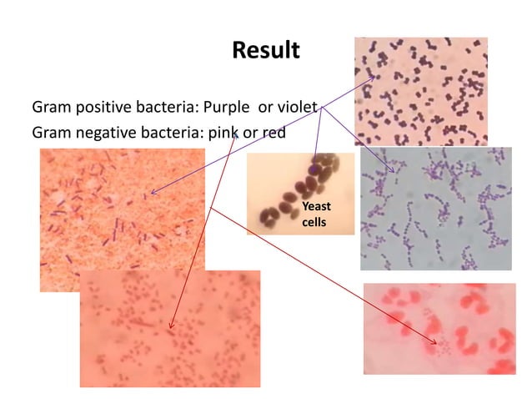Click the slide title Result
(x=265, y=50)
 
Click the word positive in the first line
(x=98, y=108)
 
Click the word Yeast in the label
(x=316, y=206)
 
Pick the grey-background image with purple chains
(x=435, y=209)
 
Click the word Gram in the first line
(x=50, y=108)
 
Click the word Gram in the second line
(x=50, y=132)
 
